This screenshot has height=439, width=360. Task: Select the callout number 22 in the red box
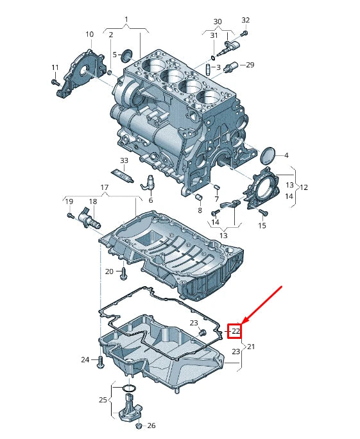tap(236, 331)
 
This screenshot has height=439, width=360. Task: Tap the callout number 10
tap(89, 34)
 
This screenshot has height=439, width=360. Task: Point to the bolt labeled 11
tap(56, 82)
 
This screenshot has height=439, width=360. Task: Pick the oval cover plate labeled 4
tap(270, 155)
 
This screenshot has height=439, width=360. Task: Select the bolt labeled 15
tap(262, 211)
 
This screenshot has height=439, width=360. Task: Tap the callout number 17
tap(104, 187)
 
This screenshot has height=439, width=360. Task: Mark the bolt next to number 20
tap(124, 273)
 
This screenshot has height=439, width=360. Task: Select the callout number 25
tap(103, 400)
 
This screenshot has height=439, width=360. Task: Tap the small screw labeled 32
tap(244, 33)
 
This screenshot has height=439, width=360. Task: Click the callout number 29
tap(250, 65)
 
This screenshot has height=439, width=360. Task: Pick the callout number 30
tap(218, 21)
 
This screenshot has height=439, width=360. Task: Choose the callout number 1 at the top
tap(126, 19)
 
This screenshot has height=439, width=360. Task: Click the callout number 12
tap(304, 187)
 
